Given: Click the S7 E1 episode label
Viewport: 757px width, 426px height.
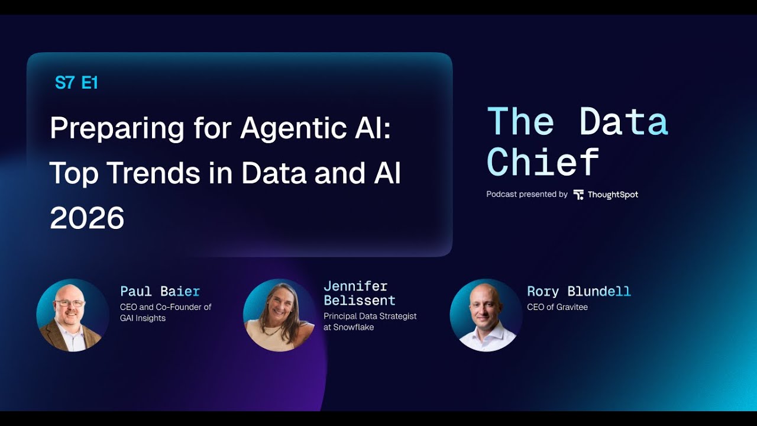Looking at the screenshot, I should coord(76,83).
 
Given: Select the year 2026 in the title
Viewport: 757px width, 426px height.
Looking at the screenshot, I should coord(87,219).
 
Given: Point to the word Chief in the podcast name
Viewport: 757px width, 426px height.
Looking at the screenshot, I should coord(543,162).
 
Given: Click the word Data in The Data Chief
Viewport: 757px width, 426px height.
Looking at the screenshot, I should coord(623,121).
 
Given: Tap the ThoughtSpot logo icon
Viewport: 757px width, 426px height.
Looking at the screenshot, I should coord(578,195).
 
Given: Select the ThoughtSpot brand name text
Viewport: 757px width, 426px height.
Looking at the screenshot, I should coord(613,195).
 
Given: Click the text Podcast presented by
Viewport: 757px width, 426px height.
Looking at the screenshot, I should coord(526,195).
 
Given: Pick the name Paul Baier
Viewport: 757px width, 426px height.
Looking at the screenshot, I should coord(160,292).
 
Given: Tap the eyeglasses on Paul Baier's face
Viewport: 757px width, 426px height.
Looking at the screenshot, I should coord(69,304).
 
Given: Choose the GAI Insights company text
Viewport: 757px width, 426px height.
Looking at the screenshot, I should coord(143,318).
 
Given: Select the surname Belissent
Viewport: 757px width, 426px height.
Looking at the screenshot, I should coord(359,301).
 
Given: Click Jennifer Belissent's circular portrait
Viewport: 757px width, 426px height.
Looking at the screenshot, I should coord(279,315).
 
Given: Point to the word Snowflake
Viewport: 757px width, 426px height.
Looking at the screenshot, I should coord(354,327).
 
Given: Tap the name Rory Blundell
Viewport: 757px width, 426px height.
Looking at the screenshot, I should coord(578,292).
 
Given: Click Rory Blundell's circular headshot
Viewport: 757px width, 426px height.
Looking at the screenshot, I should coord(486,315).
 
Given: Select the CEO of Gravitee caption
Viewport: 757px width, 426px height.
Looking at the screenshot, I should coord(557,307).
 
